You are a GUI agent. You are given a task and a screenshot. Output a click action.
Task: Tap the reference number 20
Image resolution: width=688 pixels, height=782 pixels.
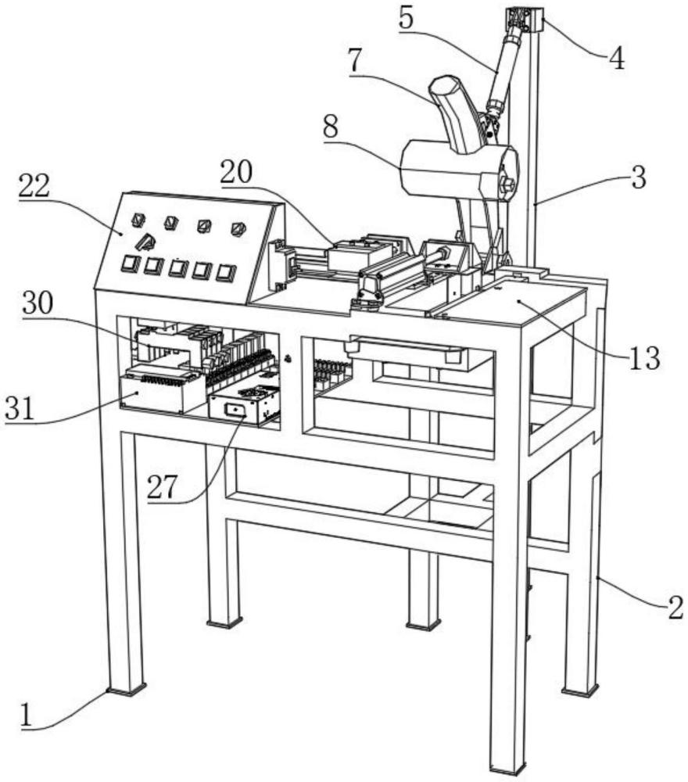(236, 173)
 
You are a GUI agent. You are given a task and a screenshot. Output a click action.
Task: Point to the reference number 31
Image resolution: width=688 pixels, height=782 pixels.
(20, 409)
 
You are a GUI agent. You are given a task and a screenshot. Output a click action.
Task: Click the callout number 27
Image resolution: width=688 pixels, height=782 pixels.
(162, 486)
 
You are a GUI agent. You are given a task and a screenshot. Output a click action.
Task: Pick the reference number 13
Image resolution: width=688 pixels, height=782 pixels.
(644, 357)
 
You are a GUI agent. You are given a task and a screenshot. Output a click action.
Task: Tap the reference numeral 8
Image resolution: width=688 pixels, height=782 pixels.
(330, 127)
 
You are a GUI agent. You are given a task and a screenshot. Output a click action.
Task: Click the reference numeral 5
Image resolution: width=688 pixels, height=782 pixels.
(407, 19)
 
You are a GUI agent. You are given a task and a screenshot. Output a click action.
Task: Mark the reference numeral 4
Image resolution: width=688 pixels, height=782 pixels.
(617, 59)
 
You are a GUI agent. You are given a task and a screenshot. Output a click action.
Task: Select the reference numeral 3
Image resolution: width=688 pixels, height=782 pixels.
(639, 178)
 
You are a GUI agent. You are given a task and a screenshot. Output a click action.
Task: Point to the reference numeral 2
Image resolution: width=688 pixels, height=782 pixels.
(675, 608)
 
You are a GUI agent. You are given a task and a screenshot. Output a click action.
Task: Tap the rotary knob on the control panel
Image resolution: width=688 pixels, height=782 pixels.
(146, 242)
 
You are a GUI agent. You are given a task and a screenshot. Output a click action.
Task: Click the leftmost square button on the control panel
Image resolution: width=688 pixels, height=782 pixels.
(129, 263)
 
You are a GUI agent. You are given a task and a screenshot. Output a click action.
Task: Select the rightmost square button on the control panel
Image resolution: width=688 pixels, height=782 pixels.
(226, 272)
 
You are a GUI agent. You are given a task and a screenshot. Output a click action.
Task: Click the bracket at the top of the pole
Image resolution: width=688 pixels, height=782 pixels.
(524, 20)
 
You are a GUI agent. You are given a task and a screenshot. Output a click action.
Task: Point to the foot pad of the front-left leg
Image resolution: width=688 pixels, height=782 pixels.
(126, 691)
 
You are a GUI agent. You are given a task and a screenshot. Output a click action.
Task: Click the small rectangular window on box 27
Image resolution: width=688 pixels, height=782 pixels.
(235, 410)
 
